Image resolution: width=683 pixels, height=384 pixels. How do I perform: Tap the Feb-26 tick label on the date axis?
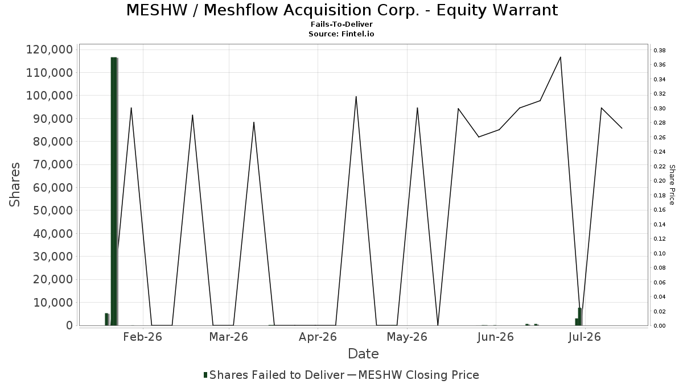[x=142, y=337]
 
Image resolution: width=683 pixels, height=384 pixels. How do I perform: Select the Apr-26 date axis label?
[x=318, y=337]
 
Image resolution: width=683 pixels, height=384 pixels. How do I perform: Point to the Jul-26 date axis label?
[x=585, y=337]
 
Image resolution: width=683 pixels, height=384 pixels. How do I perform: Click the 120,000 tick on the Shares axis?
[x=50, y=49]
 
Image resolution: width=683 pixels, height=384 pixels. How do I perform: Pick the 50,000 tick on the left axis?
[x=53, y=210]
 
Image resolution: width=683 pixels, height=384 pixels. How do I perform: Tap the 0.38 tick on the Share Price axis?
[x=660, y=50]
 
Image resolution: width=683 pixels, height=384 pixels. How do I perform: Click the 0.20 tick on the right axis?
[x=660, y=181]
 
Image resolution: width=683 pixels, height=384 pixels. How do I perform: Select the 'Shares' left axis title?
[x=14, y=185]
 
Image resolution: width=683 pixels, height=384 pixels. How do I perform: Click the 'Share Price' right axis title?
[x=672, y=185]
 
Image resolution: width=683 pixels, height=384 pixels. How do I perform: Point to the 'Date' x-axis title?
[x=363, y=354]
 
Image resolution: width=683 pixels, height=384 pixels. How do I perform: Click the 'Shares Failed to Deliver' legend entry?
[x=274, y=375]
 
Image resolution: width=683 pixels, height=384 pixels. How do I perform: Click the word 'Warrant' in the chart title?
[x=497, y=10]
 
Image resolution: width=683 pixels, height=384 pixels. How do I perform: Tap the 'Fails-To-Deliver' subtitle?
[x=341, y=24]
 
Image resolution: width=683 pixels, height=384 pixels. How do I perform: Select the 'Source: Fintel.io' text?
[x=341, y=34]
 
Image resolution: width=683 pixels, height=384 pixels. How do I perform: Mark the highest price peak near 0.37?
[x=561, y=57]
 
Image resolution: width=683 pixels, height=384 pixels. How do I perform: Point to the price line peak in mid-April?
[x=356, y=97]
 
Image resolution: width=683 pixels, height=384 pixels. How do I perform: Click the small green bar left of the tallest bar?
[x=107, y=319]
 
